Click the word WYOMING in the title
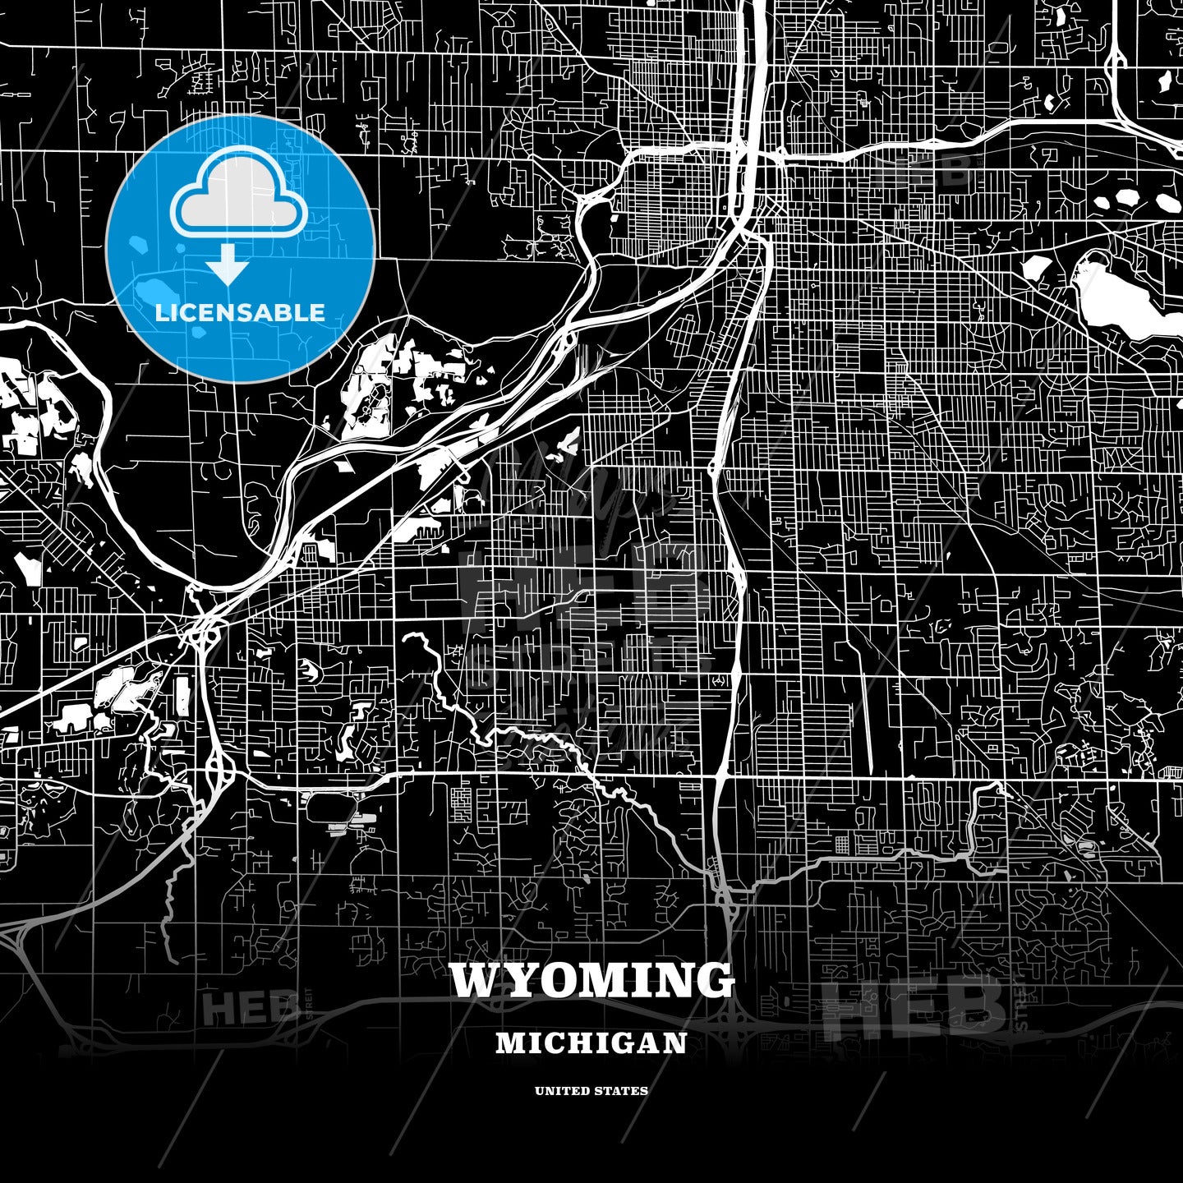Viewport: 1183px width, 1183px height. click(591, 980)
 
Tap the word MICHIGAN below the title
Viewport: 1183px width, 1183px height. click(591, 1043)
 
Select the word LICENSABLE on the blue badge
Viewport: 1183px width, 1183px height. click(240, 313)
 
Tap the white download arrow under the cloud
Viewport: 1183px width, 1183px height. click(228, 265)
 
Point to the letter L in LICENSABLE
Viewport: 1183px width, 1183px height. click(161, 313)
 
